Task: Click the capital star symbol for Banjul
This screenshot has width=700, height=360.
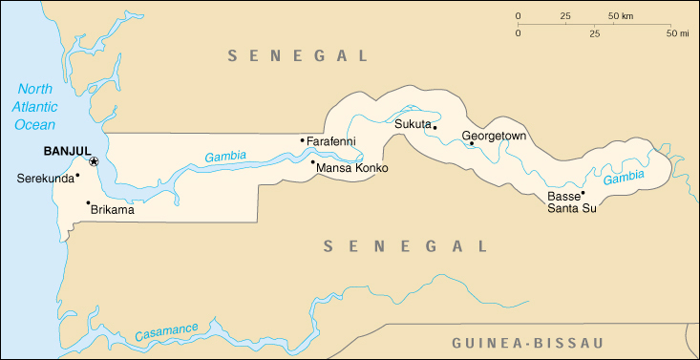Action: pos(94,161)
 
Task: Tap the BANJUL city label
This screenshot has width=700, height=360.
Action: pos(67,151)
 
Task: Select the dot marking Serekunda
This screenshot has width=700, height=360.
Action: pos(77,174)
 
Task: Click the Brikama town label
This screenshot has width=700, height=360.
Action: pos(112,210)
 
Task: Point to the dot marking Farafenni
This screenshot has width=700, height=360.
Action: pos(303,140)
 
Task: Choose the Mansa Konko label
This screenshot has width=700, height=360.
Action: pos(353,169)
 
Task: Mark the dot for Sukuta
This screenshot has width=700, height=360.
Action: pos(435,127)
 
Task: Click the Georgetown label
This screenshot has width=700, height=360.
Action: pos(494,136)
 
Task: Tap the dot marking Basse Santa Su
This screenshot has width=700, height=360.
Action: pos(583,193)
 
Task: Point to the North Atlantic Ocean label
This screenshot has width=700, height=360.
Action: pos(34,107)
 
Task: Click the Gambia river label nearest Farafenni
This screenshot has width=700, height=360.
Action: pos(224,156)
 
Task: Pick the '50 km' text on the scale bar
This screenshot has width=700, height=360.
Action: pos(621,16)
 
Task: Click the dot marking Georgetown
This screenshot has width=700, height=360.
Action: pos(472,144)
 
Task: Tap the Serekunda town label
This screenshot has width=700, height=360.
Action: pos(44,179)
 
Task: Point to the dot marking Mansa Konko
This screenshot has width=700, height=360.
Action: pos(313,162)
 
